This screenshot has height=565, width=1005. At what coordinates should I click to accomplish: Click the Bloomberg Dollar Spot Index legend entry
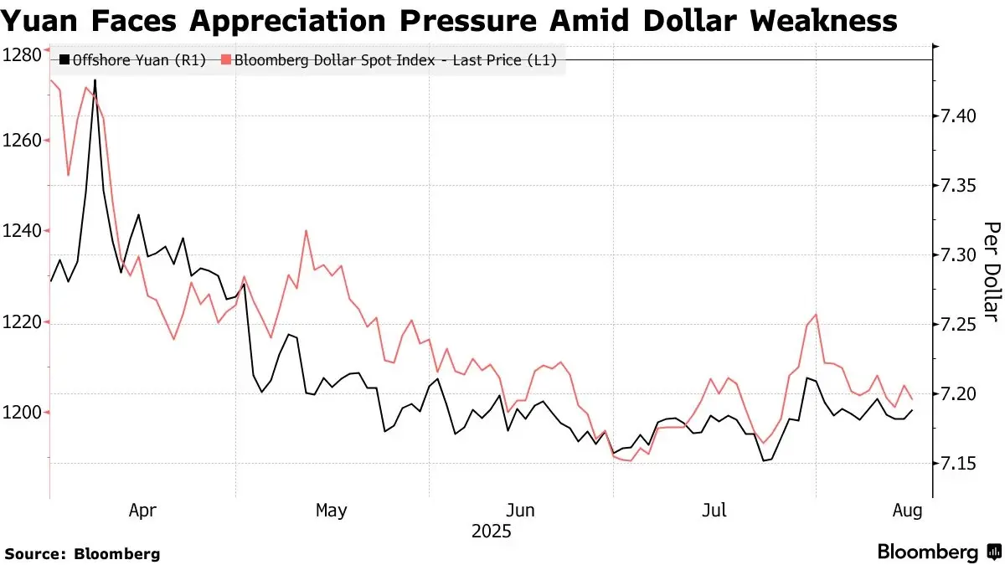[x=394, y=59]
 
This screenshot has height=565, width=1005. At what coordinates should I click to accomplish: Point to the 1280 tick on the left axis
[x=22, y=56]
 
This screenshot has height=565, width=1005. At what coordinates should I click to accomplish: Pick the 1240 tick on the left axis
[x=22, y=231]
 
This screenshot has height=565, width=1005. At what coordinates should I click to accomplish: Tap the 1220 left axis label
[x=22, y=322]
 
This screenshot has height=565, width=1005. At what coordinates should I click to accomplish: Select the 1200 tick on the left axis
[x=22, y=413]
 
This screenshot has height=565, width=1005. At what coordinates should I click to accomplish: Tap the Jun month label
[x=521, y=510]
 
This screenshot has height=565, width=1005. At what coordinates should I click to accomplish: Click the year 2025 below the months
[x=491, y=531]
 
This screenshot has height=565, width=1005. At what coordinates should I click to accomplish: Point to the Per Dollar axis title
[x=991, y=271]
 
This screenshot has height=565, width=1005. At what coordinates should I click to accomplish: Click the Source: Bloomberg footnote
[x=83, y=553]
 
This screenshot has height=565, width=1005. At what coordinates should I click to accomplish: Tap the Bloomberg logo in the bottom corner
[x=938, y=552]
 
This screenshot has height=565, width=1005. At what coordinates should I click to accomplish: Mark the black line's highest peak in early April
[x=95, y=80]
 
